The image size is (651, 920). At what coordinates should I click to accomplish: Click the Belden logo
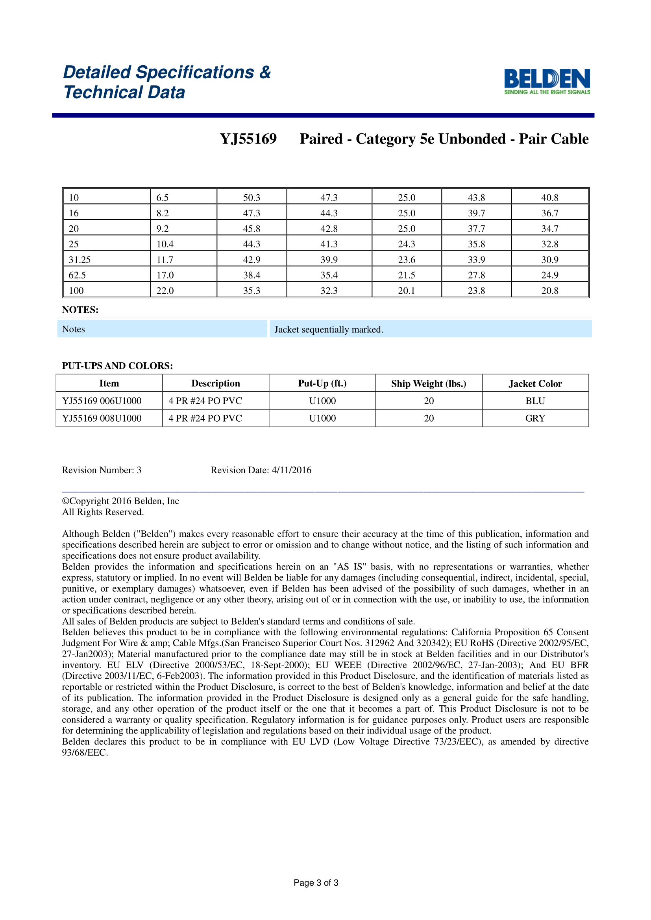pyautogui.click(x=547, y=81)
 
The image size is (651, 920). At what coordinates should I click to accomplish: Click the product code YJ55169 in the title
pyautogui.click(x=248, y=139)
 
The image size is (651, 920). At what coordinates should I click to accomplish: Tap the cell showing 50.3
pyautogui.click(x=252, y=197)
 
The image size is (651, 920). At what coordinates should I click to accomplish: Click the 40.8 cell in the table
pyautogui.click(x=549, y=197)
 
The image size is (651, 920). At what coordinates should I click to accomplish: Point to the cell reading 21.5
pyautogui.click(x=407, y=275)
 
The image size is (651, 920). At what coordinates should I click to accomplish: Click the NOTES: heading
pyautogui.click(x=80, y=310)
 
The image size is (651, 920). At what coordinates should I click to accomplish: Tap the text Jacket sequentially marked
pyautogui.click(x=329, y=329)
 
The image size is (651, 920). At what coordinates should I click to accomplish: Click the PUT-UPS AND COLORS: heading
pyautogui.click(x=117, y=366)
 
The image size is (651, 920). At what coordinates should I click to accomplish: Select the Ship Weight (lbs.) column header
pyautogui.click(x=429, y=383)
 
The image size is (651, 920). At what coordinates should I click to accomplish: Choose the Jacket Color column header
pyautogui.click(x=535, y=383)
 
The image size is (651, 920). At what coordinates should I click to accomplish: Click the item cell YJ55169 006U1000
pyautogui.click(x=102, y=401)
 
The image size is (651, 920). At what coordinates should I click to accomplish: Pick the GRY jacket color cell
pyautogui.click(x=535, y=419)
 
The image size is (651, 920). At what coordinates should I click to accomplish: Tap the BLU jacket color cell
pyautogui.click(x=535, y=401)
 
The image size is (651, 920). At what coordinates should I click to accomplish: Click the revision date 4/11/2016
pyautogui.click(x=291, y=470)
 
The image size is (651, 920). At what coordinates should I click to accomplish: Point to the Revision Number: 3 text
pyautogui.click(x=102, y=470)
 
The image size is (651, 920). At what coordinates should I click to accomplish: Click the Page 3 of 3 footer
pyautogui.click(x=316, y=882)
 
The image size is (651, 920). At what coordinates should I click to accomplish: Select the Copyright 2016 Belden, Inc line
pyautogui.click(x=121, y=501)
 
